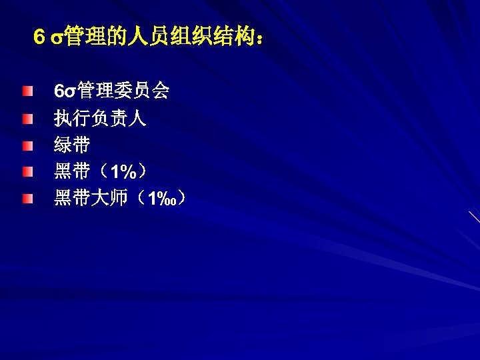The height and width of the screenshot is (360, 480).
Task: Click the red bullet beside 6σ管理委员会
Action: (x=25, y=91)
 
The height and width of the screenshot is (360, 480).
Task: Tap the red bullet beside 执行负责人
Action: (x=25, y=118)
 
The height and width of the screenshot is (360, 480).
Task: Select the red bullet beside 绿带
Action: (x=25, y=145)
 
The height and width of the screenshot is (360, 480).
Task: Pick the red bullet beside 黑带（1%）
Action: (x=25, y=173)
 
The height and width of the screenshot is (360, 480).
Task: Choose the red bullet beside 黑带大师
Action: (x=25, y=199)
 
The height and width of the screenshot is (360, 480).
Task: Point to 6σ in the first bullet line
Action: (x=65, y=91)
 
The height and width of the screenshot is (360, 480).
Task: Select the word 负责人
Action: (x=119, y=118)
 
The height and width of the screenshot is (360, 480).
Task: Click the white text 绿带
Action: (x=73, y=145)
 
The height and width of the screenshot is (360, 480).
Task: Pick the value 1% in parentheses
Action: (x=124, y=173)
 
